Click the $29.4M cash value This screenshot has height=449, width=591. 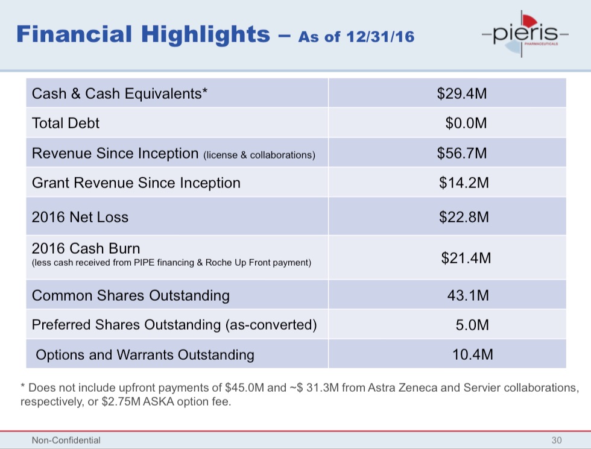coord(462,93)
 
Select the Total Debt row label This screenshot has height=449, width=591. coord(66,124)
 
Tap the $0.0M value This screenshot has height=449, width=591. coord(466,124)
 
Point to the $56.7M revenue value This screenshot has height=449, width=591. coord(462,153)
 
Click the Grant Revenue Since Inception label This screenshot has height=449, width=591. coord(136,183)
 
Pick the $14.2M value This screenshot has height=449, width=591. coord(464,183)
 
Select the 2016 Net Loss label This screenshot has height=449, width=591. coord(80,217)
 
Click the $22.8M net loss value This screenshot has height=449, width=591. coord(464,217)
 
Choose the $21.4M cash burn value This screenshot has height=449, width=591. coord(466,258)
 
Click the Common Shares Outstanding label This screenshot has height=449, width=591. coord(131,295)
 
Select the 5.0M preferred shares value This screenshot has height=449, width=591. coord(472,325)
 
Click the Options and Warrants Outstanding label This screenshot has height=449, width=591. coord(145,354)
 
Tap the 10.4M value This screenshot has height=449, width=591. coord(473,354)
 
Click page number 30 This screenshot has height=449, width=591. coord(556,441)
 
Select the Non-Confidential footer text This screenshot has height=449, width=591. coord(66,441)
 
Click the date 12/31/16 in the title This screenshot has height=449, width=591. coord(381,37)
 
